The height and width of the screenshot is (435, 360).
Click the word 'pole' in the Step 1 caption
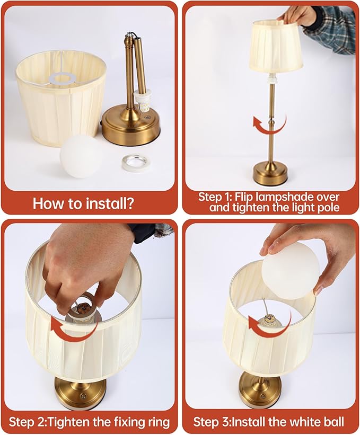click(329, 207)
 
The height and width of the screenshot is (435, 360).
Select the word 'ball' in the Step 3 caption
click(332, 422)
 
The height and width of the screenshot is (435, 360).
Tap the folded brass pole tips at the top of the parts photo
click(132, 38)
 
